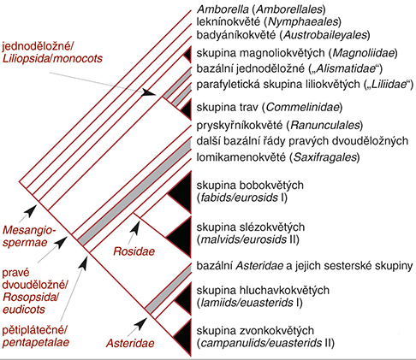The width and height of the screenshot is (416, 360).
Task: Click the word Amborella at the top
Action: coord(223,9)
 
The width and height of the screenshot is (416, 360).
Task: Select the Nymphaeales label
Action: coord(303,21)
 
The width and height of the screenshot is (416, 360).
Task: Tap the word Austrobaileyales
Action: coord(325,35)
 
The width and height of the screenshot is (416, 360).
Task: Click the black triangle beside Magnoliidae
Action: coord(187,54)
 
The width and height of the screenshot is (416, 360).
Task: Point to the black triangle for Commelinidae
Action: coord(186,109)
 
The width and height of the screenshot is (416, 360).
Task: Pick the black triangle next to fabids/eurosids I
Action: coord(182,192)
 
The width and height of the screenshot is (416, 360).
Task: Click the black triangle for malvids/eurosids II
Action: coord(181,237)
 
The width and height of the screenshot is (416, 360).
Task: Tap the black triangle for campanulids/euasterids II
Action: coord(184,338)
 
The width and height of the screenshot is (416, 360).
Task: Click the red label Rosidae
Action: coord(134,251)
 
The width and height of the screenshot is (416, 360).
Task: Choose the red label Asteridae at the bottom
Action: coord(130,343)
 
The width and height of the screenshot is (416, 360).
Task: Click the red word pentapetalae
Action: coord(36,342)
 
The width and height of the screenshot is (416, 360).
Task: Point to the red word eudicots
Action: coord(24,310)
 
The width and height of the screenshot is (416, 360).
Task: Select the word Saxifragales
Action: coord(325,157)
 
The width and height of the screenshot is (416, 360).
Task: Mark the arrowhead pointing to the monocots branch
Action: coord(149,93)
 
